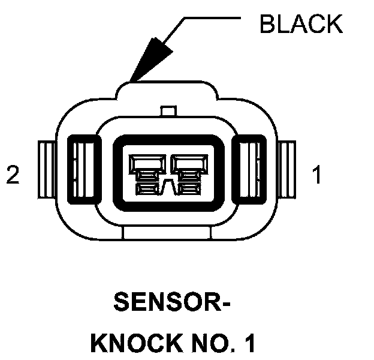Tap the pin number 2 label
pos(13,175)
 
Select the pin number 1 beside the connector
pos(316,175)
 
